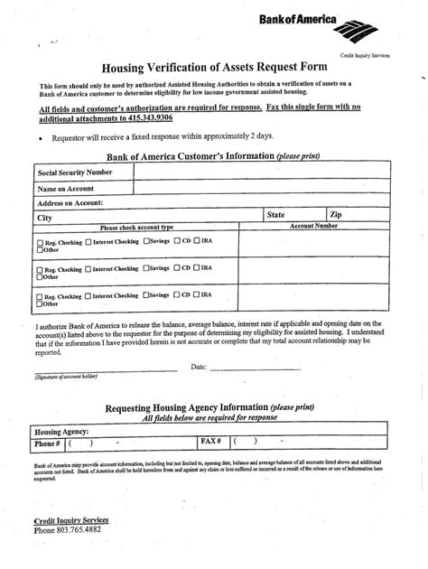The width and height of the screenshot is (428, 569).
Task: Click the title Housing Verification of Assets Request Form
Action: click(213, 67)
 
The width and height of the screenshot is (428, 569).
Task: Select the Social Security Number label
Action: click(75, 172)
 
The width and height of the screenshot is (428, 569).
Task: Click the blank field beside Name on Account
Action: click(261, 188)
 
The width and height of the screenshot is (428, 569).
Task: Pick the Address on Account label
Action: click(70, 203)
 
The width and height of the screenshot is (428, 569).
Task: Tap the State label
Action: click(276, 215)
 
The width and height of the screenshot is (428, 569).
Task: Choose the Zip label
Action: click(336, 215)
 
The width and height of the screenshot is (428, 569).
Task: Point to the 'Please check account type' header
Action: click(135, 228)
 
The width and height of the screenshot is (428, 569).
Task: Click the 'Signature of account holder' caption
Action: click(66, 376)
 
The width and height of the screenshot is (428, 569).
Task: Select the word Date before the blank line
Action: click(199, 367)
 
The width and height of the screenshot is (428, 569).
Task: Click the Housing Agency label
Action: click(61, 432)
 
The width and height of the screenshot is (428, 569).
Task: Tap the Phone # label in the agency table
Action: click(47, 443)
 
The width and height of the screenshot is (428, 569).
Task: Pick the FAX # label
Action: click(210, 442)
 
